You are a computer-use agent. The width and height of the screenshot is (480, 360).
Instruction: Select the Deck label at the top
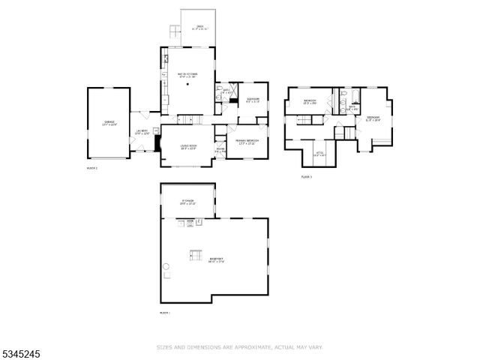tap(199, 28)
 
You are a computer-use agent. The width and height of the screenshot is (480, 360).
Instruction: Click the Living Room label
tap(187, 147)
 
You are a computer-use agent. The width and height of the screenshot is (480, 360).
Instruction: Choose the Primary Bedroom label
tap(247, 142)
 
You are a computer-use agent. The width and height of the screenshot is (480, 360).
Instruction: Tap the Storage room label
tap(187, 202)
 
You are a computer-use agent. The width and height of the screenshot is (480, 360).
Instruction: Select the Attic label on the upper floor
tap(319, 155)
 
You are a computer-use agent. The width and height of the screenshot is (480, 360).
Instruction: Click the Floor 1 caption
tap(165, 312)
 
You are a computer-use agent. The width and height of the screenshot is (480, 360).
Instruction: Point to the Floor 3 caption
tap(306, 177)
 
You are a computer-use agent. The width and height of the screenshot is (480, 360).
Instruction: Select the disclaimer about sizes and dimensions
tap(239, 347)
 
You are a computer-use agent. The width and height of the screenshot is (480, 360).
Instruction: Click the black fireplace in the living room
tap(157, 142)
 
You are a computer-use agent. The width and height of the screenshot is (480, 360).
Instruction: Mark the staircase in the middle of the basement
tap(196, 254)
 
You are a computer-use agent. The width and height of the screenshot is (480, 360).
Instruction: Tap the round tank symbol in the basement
tap(166, 268)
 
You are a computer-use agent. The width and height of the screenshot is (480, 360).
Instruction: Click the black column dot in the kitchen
tap(189, 85)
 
